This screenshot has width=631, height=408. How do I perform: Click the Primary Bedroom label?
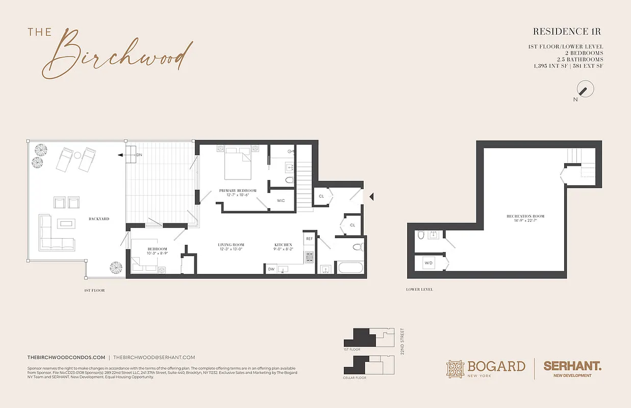tap(238, 191)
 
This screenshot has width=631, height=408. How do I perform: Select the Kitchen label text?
tap(283, 245)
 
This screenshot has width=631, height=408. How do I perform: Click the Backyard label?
tap(98, 219)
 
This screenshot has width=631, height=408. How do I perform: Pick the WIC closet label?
tap(281, 200)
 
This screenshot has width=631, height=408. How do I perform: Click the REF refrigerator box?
tap(309, 239)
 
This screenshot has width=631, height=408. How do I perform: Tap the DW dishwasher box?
tap(271, 269)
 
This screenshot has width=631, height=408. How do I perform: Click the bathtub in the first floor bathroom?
tap(349, 268)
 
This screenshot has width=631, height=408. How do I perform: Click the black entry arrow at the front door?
tap(371, 196)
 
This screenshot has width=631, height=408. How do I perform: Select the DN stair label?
tap(139, 155)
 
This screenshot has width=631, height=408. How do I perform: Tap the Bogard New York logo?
tap(486, 368)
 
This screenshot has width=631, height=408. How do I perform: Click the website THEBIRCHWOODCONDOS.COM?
tap(66, 358)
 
